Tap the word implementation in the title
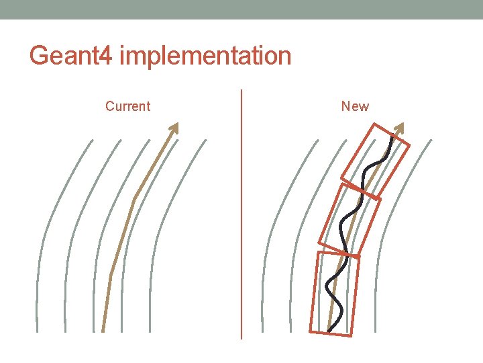[205, 56]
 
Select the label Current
[127, 106]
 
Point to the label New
[355, 106]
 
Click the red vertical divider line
[241, 215]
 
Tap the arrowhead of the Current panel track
[174, 128]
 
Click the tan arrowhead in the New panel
[401, 128]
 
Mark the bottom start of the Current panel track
[103, 329]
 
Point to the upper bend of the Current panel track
[135, 198]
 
